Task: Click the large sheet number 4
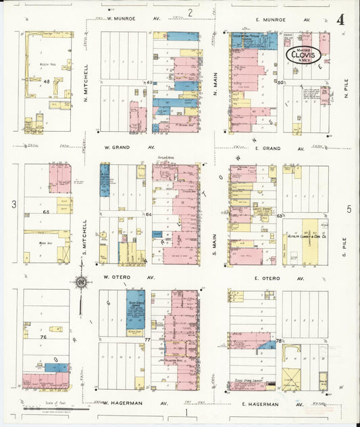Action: click(340, 19)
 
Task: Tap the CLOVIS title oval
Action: click(307, 55)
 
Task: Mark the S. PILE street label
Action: click(344, 243)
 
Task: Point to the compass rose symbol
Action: click(80, 283)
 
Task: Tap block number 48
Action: click(47, 81)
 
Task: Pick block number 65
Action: click(47, 212)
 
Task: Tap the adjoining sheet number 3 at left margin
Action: click(13, 203)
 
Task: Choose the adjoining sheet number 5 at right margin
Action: click(349, 209)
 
